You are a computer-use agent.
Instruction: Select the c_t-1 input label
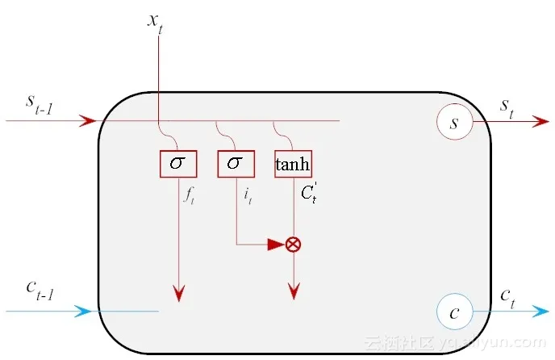click(x=39, y=292)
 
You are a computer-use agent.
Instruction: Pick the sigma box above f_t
click(x=177, y=164)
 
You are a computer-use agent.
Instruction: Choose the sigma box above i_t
click(x=235, y=164)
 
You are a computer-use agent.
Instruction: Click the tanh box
click(x=292, y=164)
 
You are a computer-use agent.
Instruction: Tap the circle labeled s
click(x=453, y=123)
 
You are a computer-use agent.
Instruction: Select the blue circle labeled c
click(x=453, y=313)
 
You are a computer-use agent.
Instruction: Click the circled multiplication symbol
click(x=294, y=244)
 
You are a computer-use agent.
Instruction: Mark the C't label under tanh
click(x=308, y=192)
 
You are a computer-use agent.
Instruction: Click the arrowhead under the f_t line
click(x=178, y=293)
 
